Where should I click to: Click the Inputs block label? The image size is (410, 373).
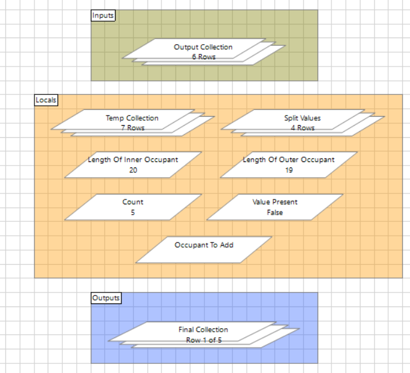(103, 15)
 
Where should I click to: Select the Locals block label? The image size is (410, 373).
(46, 100)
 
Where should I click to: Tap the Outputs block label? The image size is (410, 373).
(106, 297)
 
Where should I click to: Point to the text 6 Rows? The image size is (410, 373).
(203, 57)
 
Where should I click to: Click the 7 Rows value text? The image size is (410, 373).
(132, 128)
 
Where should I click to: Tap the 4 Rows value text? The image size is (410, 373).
(302, 128)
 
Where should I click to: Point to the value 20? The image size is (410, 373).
(133, 170)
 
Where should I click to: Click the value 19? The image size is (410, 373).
(288, 170)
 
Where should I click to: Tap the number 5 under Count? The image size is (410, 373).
(133, 212)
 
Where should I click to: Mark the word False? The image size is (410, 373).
(275, 212)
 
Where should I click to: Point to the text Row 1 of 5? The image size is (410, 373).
(203, 339)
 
